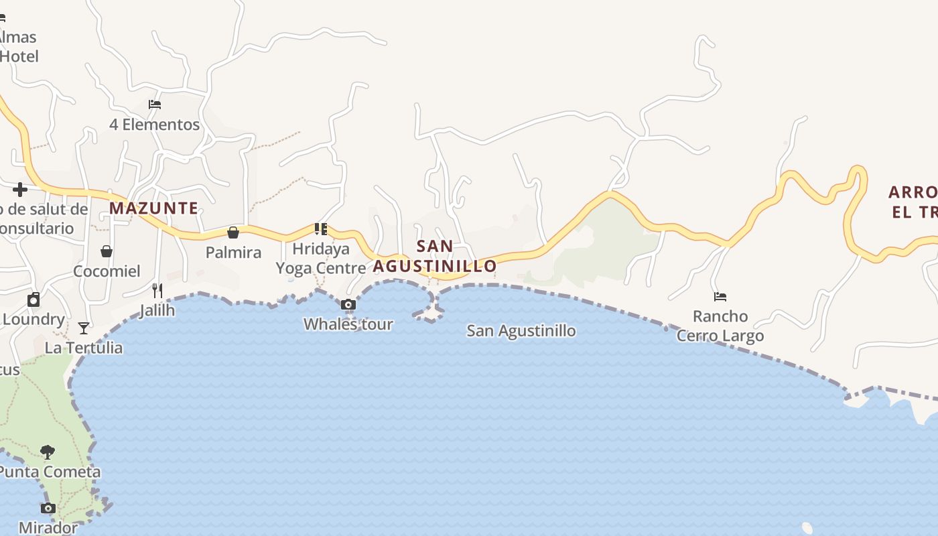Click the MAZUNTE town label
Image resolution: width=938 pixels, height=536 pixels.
pos(153,208)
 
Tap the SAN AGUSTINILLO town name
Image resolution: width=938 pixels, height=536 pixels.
pos(435,256)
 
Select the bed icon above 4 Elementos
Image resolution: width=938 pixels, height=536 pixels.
pos(155,105)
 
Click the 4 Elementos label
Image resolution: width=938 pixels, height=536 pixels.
pos(155,125)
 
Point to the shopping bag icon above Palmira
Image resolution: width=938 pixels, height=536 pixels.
pos(233,232)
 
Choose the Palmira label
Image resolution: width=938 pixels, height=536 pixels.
pos(233,253)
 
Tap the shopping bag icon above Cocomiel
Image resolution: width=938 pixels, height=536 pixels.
pos(107,251)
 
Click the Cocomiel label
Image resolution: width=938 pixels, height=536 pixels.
pos(107,271)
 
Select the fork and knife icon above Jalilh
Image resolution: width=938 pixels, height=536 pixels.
pos(157,290)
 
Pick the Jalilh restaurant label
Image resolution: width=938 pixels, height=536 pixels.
pos(157,310)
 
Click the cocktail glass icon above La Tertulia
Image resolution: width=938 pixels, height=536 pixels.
pos(84,328)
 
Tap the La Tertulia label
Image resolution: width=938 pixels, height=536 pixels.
pos(84,348)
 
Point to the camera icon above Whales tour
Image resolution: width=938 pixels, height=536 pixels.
pos(348,305)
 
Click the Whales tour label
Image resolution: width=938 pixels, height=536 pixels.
pos(348,324)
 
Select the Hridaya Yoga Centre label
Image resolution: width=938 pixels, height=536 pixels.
pos(322,259)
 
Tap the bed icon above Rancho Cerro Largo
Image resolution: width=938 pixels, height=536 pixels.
pos(720,296)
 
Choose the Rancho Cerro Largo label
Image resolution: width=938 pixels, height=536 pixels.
pos(720,326)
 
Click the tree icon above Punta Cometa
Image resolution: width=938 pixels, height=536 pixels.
pos(48,452)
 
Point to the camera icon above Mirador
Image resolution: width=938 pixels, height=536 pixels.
pos(48,508)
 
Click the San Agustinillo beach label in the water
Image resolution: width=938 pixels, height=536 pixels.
pos(521,331)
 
